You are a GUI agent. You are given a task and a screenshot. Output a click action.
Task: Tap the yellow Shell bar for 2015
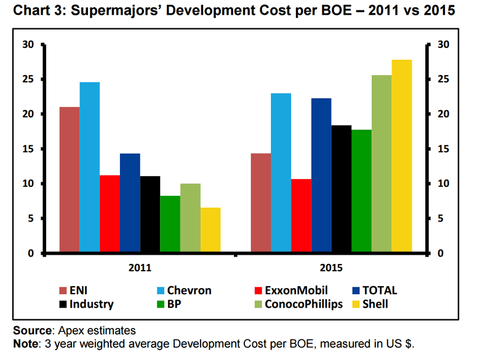click(x=402, y=156)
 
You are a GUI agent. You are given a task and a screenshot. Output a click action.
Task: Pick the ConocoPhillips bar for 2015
click(x=382, y=164)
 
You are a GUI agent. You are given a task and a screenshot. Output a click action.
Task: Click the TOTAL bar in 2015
click(x=321, y=175)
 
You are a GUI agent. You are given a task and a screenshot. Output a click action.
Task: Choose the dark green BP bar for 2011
click(x=170, y=224)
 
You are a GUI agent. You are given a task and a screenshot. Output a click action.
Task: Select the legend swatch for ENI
click(x=63, y=290)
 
